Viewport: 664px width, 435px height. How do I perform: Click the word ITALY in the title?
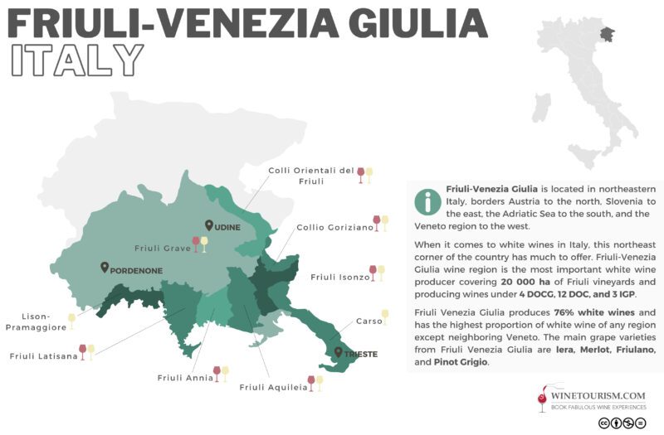click(74, 60)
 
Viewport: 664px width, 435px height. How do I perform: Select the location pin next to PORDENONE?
click(105, 268)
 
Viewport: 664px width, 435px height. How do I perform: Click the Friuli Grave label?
click(162, 247)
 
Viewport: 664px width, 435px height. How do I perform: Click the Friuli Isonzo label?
click(339, 277)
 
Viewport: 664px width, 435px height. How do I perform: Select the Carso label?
click(369, 321)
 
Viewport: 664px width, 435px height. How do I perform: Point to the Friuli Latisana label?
click(43, 356)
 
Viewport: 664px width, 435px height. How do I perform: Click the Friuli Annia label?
click(184, 378)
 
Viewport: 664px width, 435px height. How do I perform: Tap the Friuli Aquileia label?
click(272, 387)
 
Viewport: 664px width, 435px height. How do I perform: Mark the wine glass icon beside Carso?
click(385, 317)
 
